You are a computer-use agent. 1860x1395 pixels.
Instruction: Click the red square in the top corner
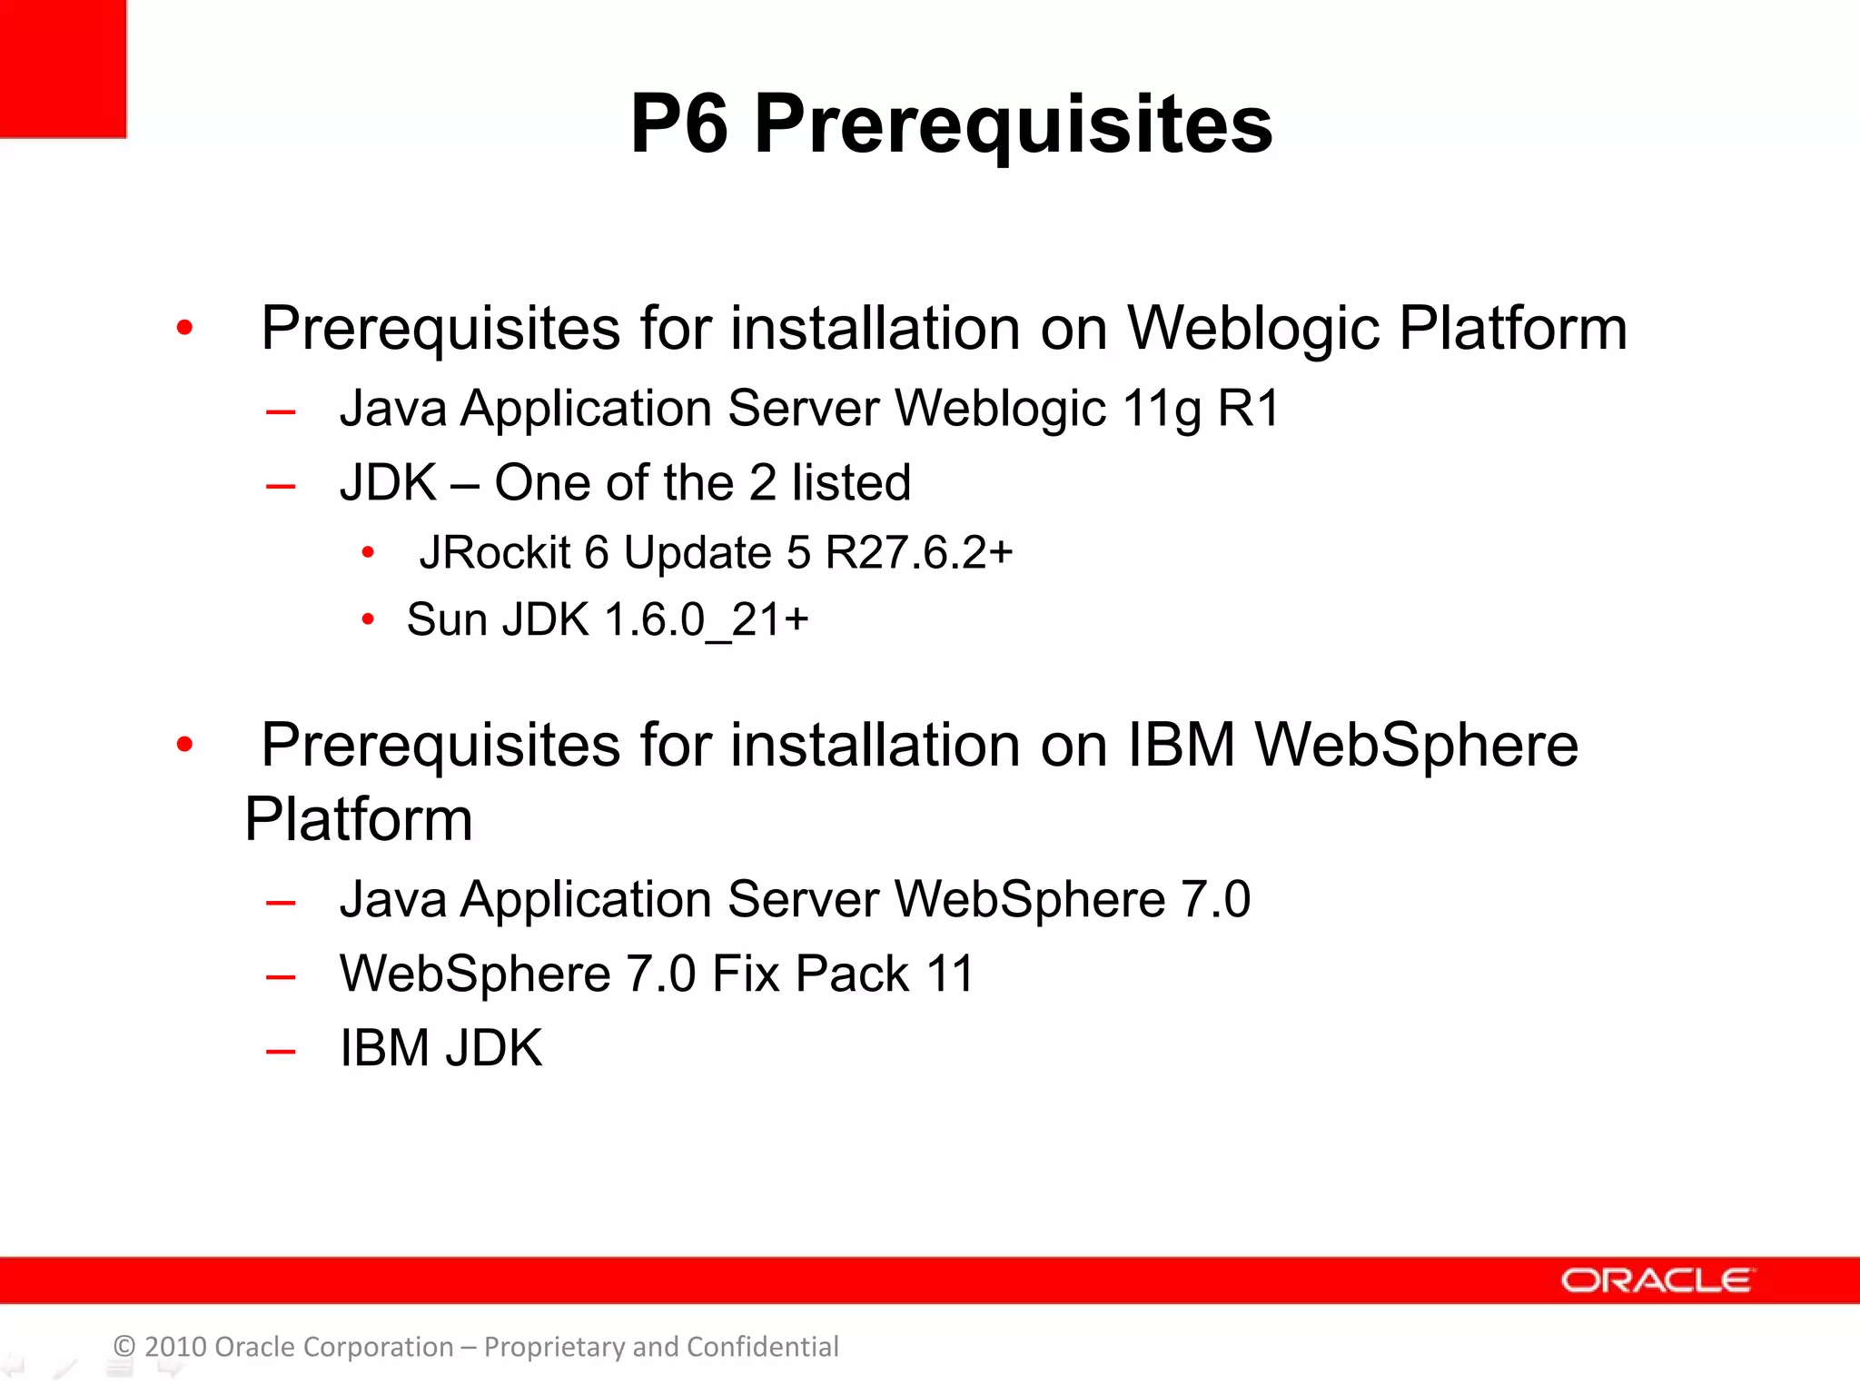point(62,68)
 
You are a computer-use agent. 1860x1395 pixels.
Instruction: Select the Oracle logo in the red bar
point(1657,1281)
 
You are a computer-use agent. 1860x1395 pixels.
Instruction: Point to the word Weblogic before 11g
point(1000,409)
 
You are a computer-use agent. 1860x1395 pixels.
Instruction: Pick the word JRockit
point(494,552)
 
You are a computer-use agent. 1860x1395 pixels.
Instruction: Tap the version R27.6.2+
point(919,552)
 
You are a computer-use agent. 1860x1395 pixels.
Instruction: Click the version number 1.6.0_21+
point(706,620)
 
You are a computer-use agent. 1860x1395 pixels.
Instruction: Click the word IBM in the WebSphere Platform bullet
point(1182,746)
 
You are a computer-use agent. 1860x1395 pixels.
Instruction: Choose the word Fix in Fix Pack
point(745,974)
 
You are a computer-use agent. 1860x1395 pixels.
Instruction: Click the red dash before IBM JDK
point(281,1052)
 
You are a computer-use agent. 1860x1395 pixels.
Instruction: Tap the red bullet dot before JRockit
point(368,552)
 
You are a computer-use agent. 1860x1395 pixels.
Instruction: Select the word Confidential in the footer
point(762,1346)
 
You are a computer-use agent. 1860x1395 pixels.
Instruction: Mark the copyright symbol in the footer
point(124,1346)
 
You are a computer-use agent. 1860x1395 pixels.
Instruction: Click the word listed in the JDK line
point(850,482)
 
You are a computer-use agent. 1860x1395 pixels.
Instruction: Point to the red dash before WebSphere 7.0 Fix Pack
point(281,977)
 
